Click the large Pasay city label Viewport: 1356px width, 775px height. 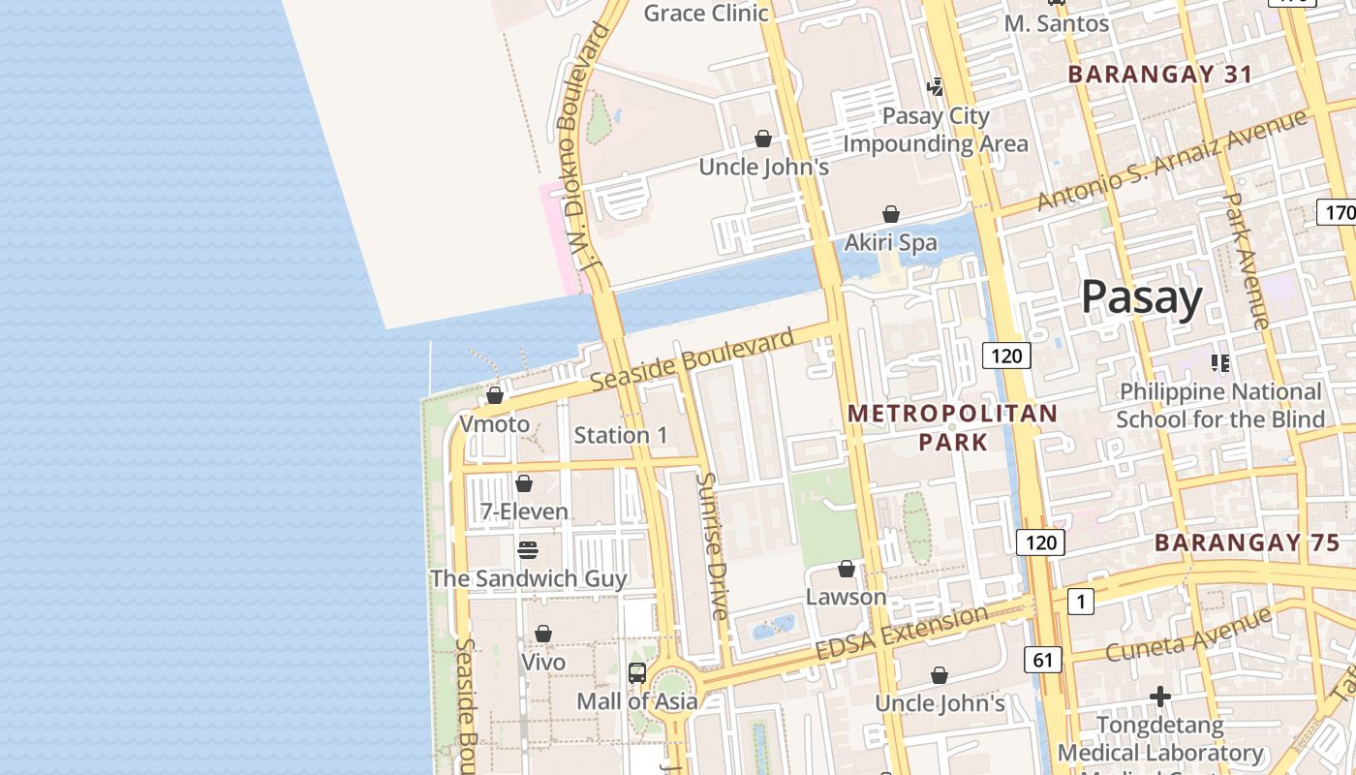pyautogui.click(x=1141, y=297)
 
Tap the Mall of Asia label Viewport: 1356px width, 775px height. pyautogui.click(x=636, y=701)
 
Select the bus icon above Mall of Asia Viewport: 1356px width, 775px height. pyautogui.click(x=637, y=672)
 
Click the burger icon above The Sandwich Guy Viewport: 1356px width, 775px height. pyautogui.click(x=528, y=550)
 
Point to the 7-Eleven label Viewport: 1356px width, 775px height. pyautogui.click(x=524, y=511)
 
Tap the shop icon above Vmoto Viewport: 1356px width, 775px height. pyautogui.click(x=495, y=395)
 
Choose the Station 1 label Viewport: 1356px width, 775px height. pyautogui.click(x=621, y=435)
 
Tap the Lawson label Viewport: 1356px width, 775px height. pyautogui.click(x=846, y=597)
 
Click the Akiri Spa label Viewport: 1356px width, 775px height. pyautogui.click(x=890, y=242)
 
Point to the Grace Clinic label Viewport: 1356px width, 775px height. pyautogui.click(x=706, y=14)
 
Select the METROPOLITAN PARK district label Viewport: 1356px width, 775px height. pyautogui.click(x=953, y=428)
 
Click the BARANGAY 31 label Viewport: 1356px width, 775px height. pyautogui.click(x=1159, y=75)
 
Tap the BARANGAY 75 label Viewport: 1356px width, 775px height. pyautogui.click(x=1247, y=542)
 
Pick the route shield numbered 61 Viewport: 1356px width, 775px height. pyautogui.click(x=1042, y=661)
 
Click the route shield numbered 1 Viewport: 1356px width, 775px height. pyautogui.click(x=1081, y=603)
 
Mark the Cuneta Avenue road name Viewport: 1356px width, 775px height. pyautogui.click(x=1187, y=635)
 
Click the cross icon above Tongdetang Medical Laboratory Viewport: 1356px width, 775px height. pyautogui.click(x=1159, y=697)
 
